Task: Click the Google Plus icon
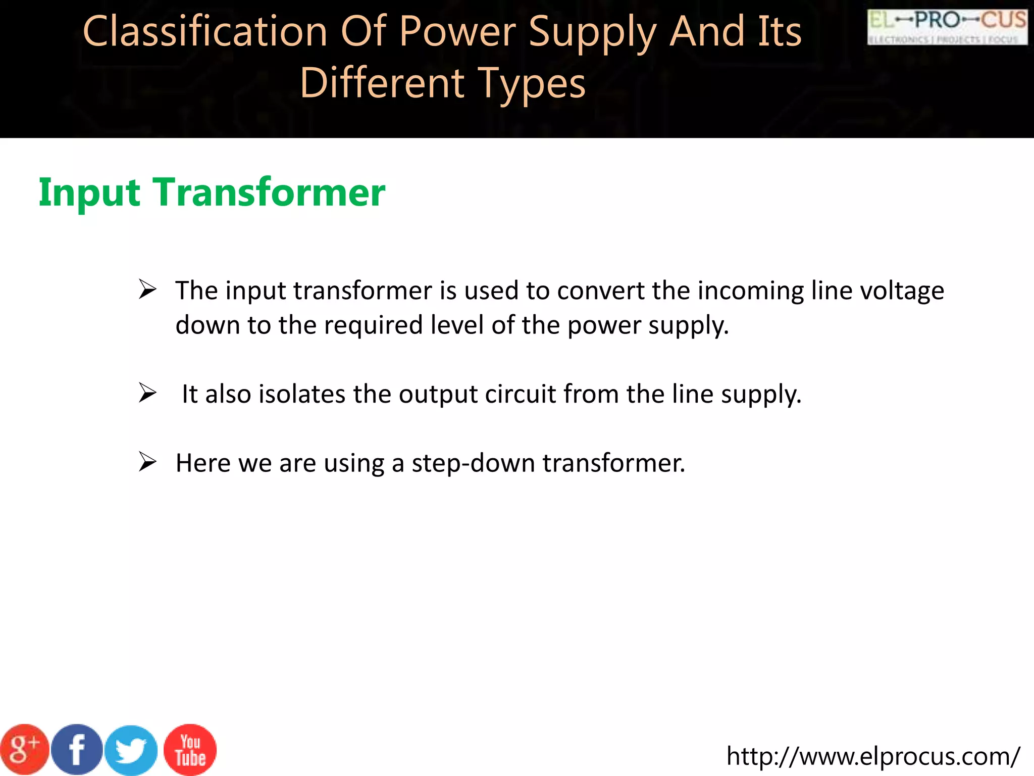click(x=24, y=750)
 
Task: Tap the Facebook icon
click(x=77, y=750)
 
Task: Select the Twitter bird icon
click(x=131, y=751)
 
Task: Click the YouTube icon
click(x=190, y=750)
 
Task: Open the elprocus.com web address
click(x=873, y=756)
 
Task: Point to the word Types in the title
click(x=531, y=83)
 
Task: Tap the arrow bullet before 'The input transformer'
click(x=147, y=289)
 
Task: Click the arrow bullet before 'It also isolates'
click(x=147, y=393)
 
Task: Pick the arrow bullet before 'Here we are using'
click(x=147, y=462)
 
